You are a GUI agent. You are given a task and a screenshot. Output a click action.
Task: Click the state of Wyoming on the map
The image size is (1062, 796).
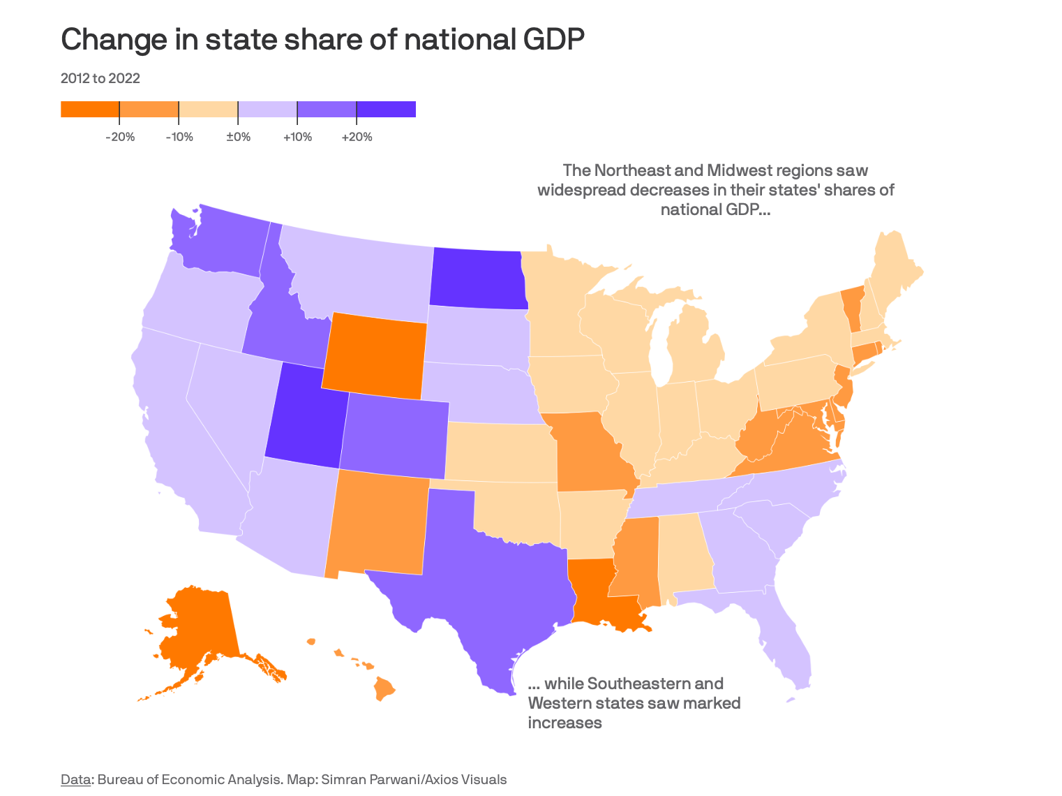click(375, 356)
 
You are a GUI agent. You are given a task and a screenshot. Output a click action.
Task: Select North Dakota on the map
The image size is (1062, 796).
click(477, 279)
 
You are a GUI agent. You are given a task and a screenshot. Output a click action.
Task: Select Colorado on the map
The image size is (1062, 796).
click(395, 436)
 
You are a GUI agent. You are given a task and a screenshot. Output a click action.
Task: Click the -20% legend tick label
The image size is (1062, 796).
click(120, 137)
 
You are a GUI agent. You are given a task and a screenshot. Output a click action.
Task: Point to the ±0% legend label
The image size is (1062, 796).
click(238, 137)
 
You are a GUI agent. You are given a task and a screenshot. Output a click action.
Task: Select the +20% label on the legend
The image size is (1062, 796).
click(357, 137)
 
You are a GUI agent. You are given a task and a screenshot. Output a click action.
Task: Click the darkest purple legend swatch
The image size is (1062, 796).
click(386, 110)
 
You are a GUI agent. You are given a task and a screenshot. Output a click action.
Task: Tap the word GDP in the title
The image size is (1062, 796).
click(551, 40)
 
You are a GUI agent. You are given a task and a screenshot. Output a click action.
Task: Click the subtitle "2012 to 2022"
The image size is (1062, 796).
click(100, 78)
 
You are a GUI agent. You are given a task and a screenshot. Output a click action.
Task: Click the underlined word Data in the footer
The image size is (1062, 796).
click(75, 779)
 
